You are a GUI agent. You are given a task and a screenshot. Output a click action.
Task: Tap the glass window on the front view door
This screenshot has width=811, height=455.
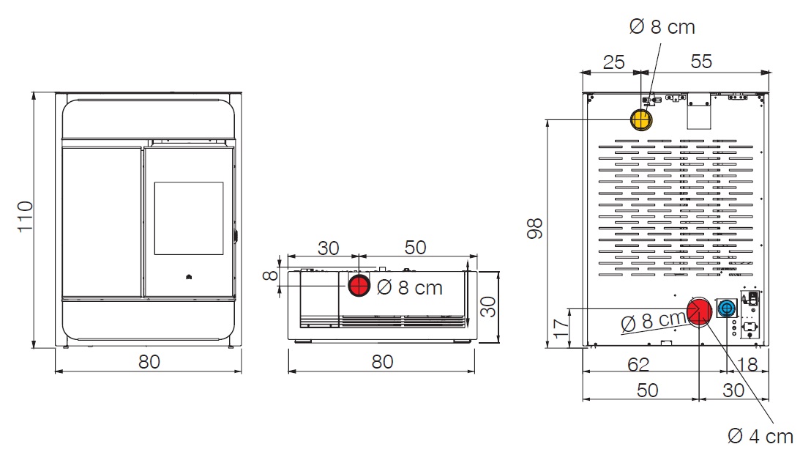coord(189,218)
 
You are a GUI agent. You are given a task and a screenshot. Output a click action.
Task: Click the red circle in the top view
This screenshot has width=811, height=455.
coord(359,285)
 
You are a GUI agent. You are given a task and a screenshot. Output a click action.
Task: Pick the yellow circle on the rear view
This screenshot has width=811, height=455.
coord(641,119)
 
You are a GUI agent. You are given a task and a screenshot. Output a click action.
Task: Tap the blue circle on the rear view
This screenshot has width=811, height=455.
coord(726,309)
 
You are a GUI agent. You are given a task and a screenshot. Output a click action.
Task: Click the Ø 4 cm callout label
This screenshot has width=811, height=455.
coord(760,437)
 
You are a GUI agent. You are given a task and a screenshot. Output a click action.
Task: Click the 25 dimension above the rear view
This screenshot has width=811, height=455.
coord(613,62)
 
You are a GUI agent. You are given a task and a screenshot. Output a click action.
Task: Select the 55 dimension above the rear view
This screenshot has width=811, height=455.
coord(700,62)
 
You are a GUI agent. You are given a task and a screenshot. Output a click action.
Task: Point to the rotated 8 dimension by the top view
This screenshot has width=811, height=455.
coord(271,275)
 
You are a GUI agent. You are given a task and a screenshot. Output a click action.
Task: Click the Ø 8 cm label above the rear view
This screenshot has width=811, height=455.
coord(662,27)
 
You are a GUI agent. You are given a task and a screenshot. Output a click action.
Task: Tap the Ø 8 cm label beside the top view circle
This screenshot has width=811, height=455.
coord(410,288)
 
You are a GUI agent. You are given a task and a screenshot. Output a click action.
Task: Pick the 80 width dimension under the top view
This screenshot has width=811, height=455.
coord(382,361)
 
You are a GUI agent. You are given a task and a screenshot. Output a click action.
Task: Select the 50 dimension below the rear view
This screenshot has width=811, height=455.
coord(648,389)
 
